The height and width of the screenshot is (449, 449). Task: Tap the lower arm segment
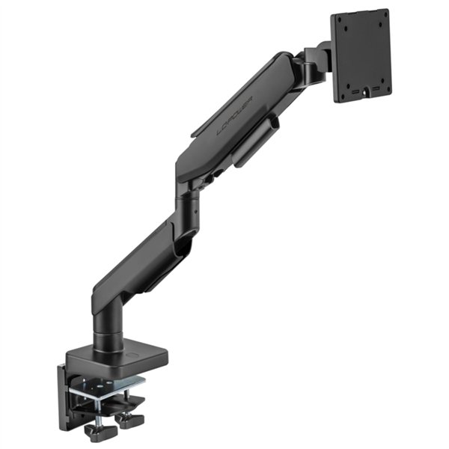tap(142, 258)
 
